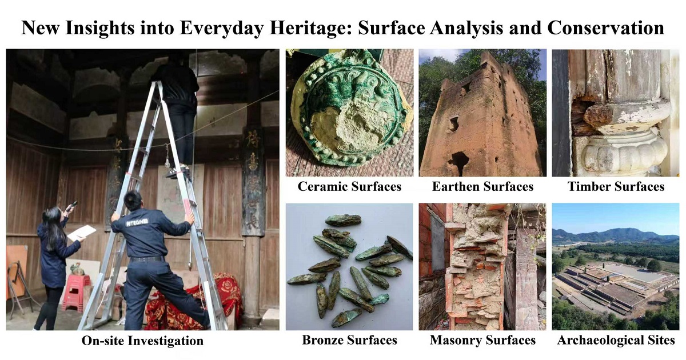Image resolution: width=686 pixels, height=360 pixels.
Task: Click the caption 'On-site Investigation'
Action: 142,341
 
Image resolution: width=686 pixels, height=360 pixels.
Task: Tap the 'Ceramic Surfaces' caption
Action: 349,186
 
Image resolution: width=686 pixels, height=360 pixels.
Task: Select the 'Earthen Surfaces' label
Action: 482,186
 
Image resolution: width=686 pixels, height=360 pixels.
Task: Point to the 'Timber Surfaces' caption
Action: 616,186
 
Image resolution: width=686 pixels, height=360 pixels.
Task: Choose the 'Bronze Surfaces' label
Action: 349,340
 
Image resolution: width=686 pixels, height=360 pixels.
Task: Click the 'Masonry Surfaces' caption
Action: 482,340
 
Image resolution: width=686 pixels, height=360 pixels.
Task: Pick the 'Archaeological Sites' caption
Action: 616,341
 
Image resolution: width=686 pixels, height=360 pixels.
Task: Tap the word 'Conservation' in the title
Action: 606,28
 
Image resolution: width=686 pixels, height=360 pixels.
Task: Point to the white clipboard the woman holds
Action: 81,233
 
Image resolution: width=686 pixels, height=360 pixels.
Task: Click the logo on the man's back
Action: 137,221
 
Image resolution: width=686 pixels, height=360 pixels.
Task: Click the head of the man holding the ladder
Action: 133,201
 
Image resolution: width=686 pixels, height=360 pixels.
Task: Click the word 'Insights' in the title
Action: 100,29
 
